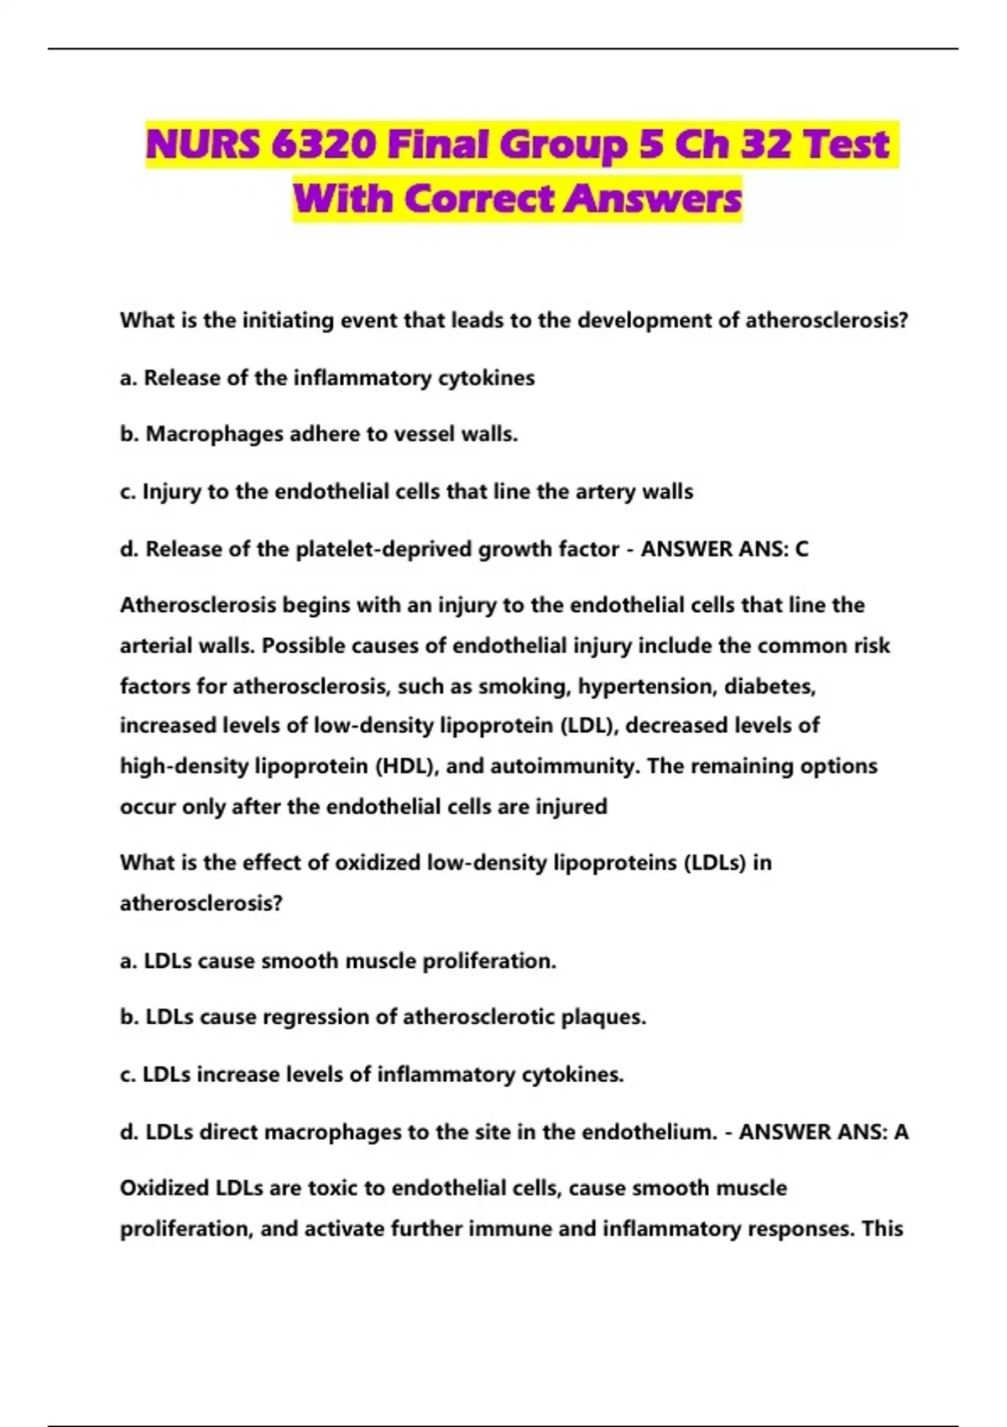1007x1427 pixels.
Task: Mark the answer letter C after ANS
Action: [x=801, y=549]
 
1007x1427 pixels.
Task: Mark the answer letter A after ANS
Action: [x=900, y=1132]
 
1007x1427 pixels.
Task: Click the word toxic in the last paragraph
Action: [x=333, y=1189]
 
